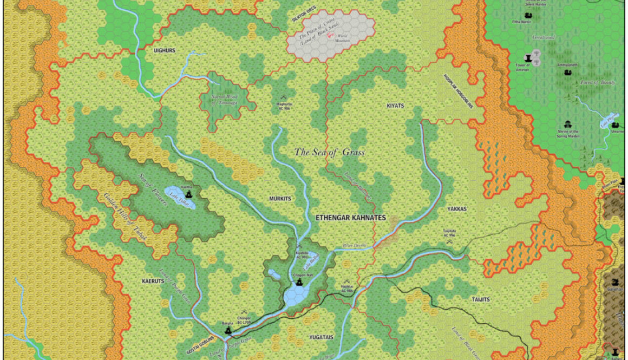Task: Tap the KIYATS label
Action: point(395,106)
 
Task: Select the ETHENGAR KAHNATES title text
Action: point(350,218)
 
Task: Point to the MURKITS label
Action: point(280,199)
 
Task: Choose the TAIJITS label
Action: point(480,299)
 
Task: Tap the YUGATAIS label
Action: point(321,337)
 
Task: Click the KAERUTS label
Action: point(153,282)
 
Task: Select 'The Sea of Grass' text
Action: point(329,152)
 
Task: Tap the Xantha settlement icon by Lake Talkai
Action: point(189,193)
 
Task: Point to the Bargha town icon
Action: point(228,330)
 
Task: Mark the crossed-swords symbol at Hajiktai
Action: point(346,282)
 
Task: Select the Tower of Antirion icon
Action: point(527,58)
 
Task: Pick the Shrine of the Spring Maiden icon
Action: point(567,124)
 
